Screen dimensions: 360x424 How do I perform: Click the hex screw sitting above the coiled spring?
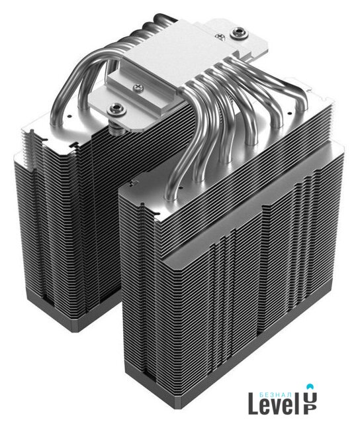point(116,109)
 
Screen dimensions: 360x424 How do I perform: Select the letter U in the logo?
point(310,397)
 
